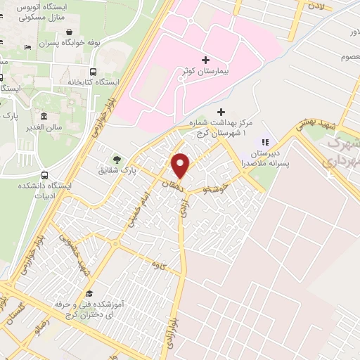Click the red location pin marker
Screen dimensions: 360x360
coord(181,165)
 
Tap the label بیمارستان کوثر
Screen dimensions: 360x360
coord(218,73)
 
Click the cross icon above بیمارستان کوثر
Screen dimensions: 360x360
coord(205,60)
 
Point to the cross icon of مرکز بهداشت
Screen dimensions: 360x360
coord(221,112)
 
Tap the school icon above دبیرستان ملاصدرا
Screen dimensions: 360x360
coord(266,143)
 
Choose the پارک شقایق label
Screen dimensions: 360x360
coord(121,170)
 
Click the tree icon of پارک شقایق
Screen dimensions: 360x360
coord(116,158)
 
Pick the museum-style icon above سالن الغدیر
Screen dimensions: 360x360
coord(44,116)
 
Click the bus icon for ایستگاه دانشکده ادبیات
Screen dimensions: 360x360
coord(45,175)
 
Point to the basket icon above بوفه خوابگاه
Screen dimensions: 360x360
coord(72,32)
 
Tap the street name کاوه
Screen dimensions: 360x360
coord(147,265)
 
